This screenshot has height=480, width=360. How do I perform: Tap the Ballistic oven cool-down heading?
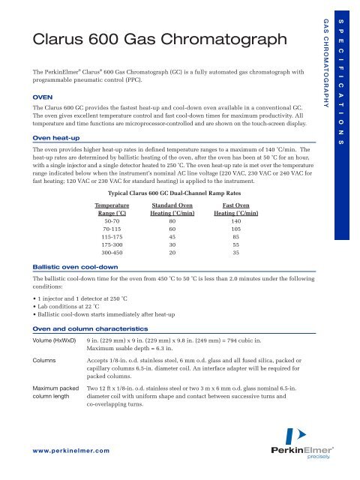74,267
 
